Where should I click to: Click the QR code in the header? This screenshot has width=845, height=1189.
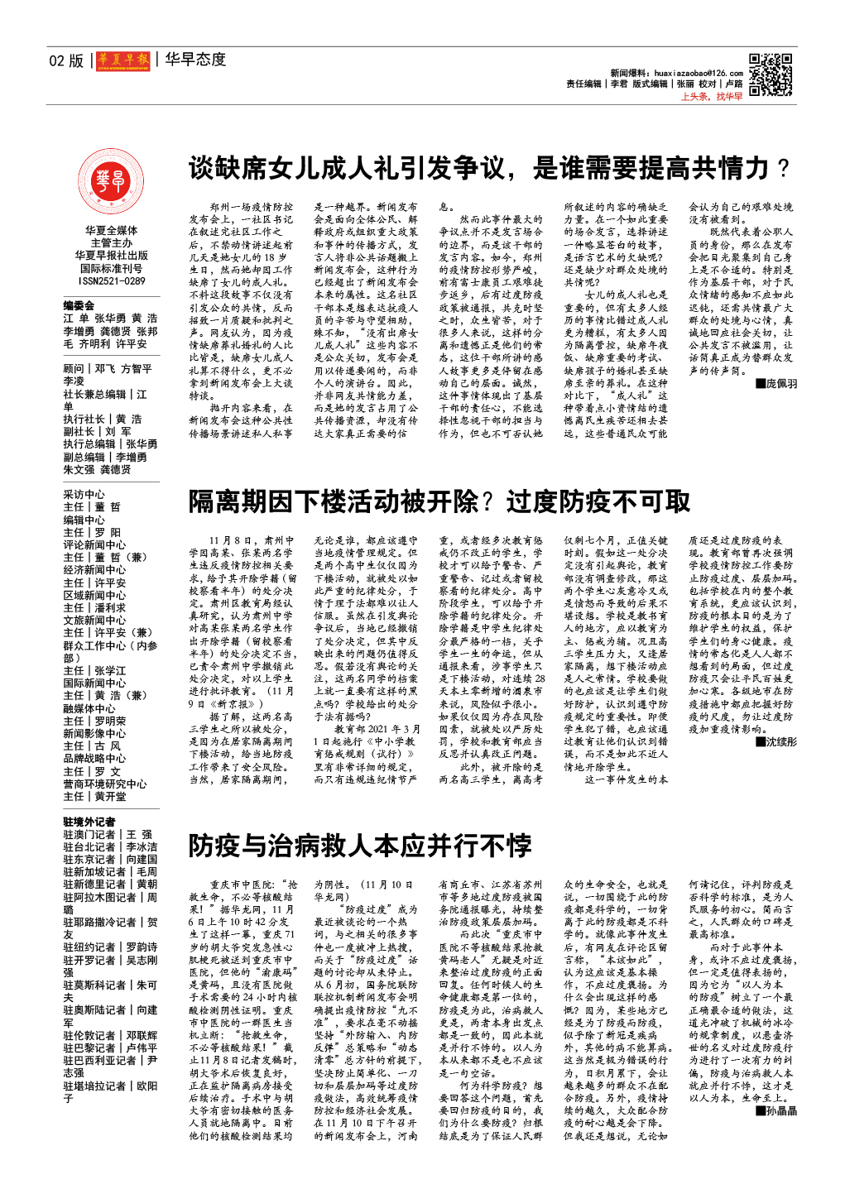pos(770,75)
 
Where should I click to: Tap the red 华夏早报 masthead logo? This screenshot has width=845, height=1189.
pos(122,60)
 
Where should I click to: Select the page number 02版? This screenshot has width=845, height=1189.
pos(66,60)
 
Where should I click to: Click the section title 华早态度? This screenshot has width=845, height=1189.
pos(195,60)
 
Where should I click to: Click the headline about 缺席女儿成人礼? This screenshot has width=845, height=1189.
pos(488,168)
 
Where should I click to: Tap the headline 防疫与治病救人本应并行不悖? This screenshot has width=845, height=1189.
pos(360,845)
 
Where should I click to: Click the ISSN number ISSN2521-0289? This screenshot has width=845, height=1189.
pos(112,281)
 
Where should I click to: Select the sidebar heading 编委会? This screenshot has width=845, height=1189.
pos(79,305)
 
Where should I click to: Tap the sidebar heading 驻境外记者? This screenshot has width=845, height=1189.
pos(89,822)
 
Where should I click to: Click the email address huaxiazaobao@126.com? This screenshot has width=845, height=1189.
pos(698,74)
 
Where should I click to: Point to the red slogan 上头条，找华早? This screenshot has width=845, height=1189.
pos(711,97)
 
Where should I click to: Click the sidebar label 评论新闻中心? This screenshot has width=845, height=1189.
pos(94,544)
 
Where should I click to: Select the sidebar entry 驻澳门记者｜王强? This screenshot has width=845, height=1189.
pos(108,834)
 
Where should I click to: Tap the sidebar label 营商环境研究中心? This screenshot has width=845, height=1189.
pos(105,784)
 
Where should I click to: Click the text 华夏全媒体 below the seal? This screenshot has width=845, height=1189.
pos(111,231)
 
